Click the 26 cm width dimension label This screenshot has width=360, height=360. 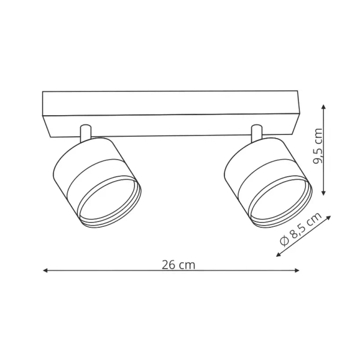pyautogui.click(x=178, y=265)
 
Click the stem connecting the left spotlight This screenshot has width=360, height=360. pyautogui.click(x=85, y=133)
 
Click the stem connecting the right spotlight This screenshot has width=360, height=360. pyautogui.click(x=257, y=133)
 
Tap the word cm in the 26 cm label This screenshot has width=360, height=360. pyautogui.click(x=187, y=265)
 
